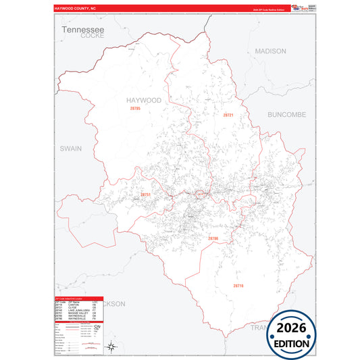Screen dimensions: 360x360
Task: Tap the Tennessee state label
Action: pyautogui.click(x=82, y=30)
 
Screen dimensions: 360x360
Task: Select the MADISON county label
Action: pyautogui.click(x=270, y=51)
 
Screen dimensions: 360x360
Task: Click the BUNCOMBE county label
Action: pyautogui.click(x=286, y=115)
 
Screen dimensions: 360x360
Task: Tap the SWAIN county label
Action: pyautogui.click(x=70, y=148)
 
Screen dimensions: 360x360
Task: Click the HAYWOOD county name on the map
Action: pyautogui.click(x=144, y=100)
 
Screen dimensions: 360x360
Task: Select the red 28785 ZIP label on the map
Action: pyautogui.click(x=135, y=108)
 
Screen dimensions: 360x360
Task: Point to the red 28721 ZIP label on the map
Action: pyautogui.click(x=228, y=115)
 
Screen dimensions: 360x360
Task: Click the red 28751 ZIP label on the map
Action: pyautogui.click(x=145, y=195)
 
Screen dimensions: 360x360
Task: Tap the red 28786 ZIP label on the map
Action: pyautogui.click(x=213, y=238)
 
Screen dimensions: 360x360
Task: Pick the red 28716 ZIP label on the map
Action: pyautogui.click(x=238, y=286)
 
